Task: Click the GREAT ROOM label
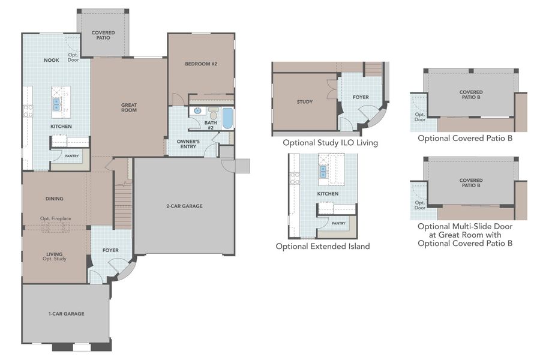pyautogui.click(x=128, y=107)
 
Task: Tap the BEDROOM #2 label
pyautogui.click(x=200, y=64)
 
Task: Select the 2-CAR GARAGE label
pyautogui.click(x=184, y=206)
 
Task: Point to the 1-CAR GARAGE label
pyautogui.click(x=66, y=313)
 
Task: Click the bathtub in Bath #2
pyautogui.click(x=227, y=118)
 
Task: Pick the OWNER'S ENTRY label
pyautogui.click(x=188, y=143)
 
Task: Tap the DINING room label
pyautogui.click(x=54, y=199)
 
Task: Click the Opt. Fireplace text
pyautogui.click(x=55, y=218)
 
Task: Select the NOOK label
pyautogui.click(x=51, y=60)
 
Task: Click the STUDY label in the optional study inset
pyautogui.click(x=304, y=101)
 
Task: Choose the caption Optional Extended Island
pyautogui.click(x=322, y=246)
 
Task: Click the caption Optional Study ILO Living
pyautogui.click(x=330, y=143)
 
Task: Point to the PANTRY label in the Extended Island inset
pyautogui.click(x=338, y=223)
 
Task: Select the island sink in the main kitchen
pyautogui.click(x=57, y=104)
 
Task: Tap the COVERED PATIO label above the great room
pyautogui.click(x=103, y=35)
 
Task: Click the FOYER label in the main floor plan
pyautogui.click(x=110, y=250)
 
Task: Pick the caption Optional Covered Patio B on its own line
pyautogui.click(x=465, y=138)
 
